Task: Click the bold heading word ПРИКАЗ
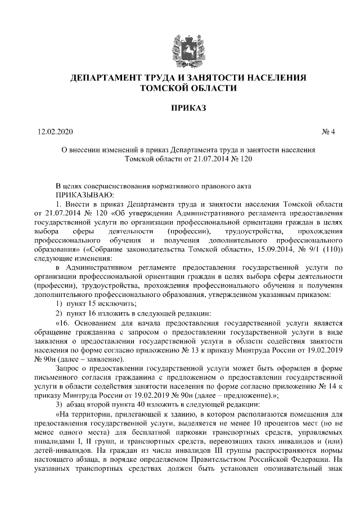pos(181,107)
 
